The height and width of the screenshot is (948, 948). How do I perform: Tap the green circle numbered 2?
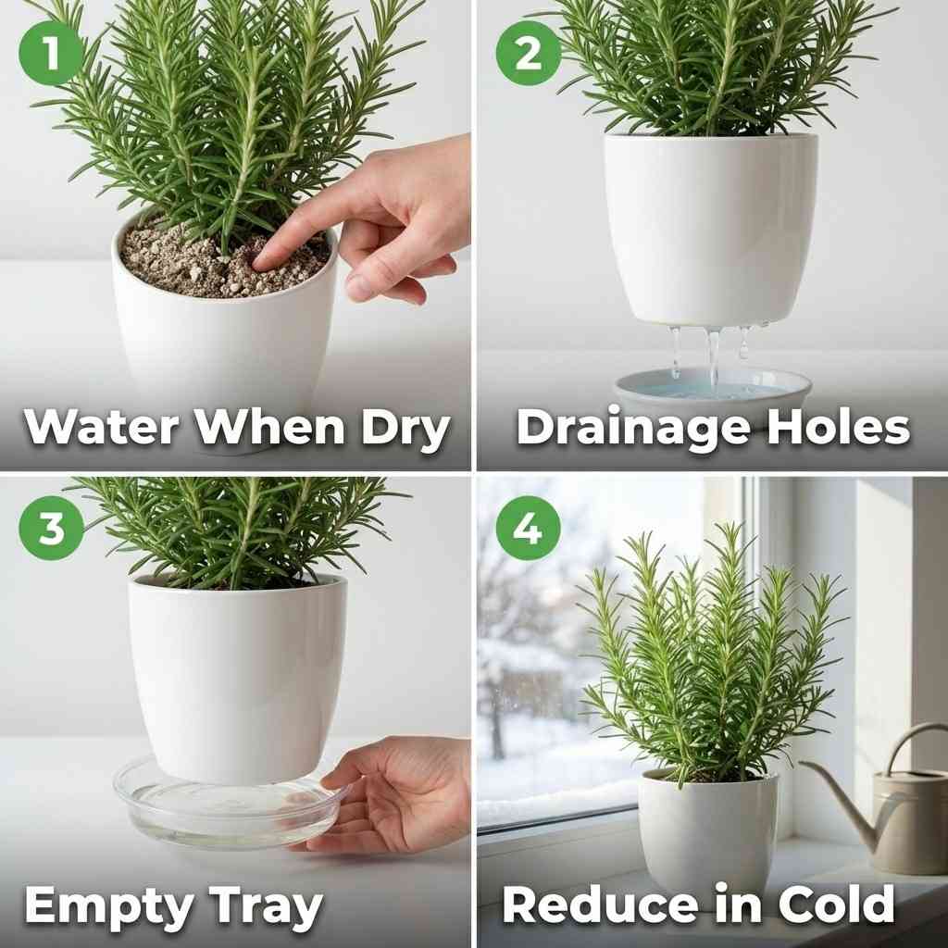[x=528, y=54]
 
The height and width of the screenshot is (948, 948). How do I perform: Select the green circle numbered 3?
[x=51, y=529]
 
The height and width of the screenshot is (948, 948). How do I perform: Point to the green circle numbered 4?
[x=528, y=529]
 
